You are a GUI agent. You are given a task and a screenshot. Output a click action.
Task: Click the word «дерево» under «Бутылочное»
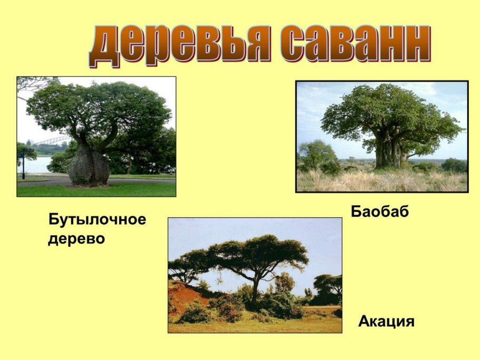[x=76, y=239]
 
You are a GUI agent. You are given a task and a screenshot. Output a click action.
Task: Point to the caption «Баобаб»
[x=380, y=212]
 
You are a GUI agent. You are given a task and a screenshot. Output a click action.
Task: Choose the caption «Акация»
[x=386, y=321]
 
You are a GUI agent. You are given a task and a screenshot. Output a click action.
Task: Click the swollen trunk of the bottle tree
[x=89, y=166]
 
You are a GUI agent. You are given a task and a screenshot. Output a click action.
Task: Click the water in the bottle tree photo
[x=37, y=164]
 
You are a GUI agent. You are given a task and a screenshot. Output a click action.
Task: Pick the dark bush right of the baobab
[x=454, y=166]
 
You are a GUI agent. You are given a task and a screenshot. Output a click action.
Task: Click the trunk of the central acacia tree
[x=256, y=293]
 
